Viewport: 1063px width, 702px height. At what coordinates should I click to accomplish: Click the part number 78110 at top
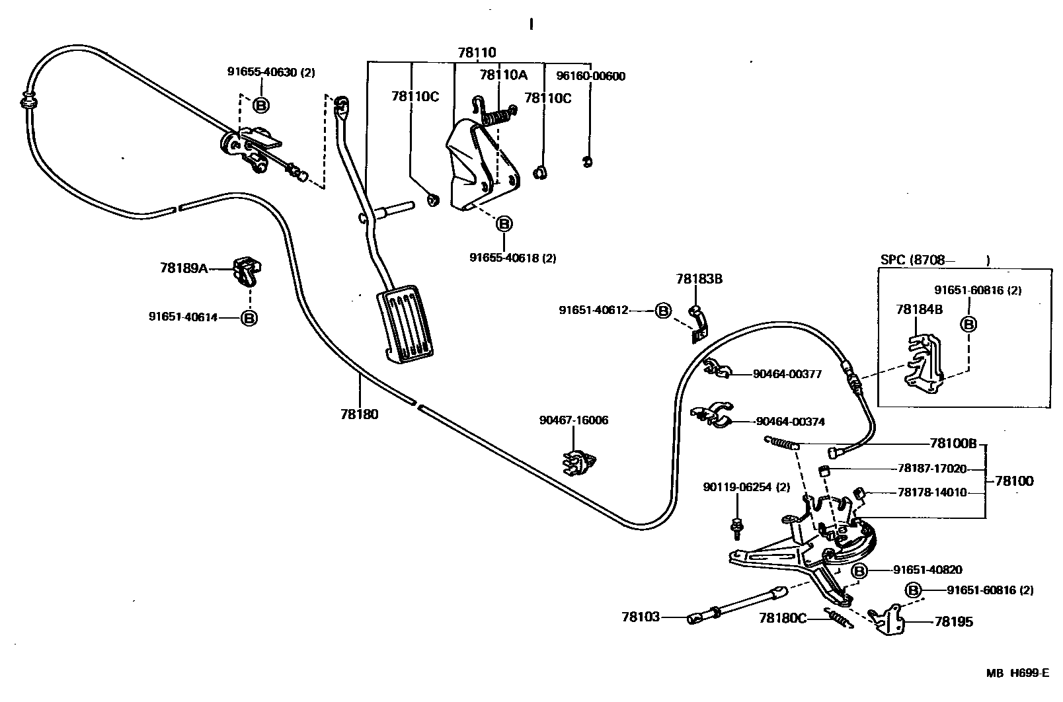[x=477, y=53]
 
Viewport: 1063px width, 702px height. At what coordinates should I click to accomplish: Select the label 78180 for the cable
[x=360, y=414]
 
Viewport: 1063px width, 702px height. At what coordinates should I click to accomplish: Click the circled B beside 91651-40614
[x=249, y=318]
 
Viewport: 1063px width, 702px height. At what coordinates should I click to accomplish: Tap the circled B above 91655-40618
[x=504, y=224]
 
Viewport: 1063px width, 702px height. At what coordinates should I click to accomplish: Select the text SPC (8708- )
[x=935, y=260]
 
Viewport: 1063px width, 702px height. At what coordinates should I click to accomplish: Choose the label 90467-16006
[x=573, y=420]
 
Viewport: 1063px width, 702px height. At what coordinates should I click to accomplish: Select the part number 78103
[x=640, y=617]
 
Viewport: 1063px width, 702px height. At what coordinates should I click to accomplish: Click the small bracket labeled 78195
[x=888, y=619]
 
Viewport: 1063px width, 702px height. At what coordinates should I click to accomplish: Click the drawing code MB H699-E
[x=1017, y=673]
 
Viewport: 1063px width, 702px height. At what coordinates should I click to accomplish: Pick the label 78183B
[x=699, y=279]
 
